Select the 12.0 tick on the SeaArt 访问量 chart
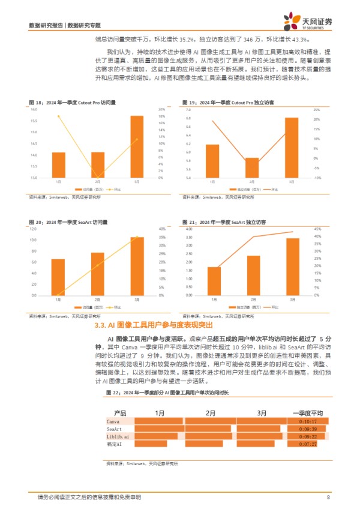[x=34, y=229]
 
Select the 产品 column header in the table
[x=120, y=414]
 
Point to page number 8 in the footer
[x=328, y=496]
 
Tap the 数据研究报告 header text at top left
[x=47, y=25]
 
